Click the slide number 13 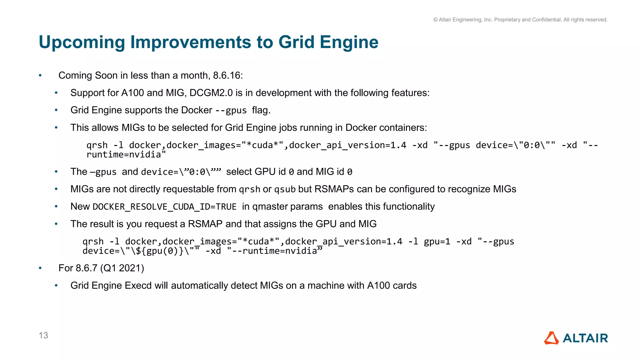point(43,335)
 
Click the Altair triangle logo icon point(552,338)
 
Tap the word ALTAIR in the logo point(585,338)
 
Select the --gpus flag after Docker point(231,110)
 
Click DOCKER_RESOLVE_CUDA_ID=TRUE point(164,207)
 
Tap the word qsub point(285,189)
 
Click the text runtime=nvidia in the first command point(126,155)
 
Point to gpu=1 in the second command point(437,242)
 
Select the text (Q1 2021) point(122,268)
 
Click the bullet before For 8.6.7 point(40,268)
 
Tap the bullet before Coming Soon point(40,76)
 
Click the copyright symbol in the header point(435,20)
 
